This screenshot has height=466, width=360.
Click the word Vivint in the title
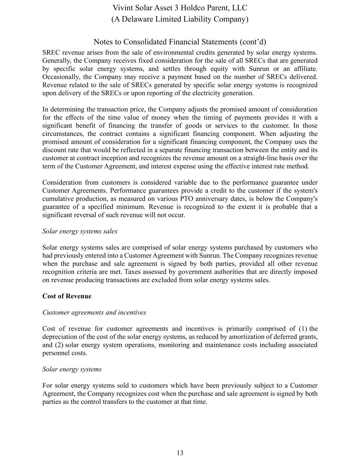point(123,8)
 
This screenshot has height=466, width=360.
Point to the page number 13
point(180,453)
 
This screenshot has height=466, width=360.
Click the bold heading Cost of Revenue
point(67,296)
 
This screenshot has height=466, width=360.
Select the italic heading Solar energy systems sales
point(80,231)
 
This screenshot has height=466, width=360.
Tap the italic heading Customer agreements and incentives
point(94,313)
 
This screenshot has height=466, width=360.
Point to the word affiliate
point(305,69)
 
